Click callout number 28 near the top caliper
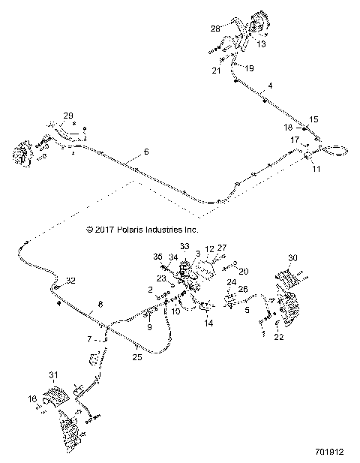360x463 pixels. (215, 29)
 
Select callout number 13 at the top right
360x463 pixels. (261, 44)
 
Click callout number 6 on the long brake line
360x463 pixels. (146, 152)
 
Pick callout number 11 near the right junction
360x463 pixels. (316, 170)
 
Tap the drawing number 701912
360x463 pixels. (329, 452)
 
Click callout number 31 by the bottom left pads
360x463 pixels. (53, 376)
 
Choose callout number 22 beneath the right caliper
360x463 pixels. (280, 337)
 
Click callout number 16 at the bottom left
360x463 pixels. (32, 398)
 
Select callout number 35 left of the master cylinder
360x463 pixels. (158, 256)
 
